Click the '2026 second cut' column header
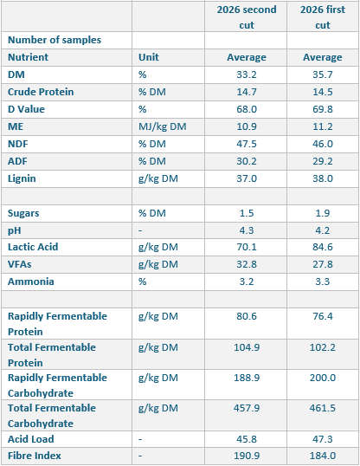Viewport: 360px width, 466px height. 247,17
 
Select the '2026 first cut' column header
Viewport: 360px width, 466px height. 323,17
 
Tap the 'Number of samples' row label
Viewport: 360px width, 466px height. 55,40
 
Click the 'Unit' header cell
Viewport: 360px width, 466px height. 149,57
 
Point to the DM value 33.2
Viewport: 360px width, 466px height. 247,74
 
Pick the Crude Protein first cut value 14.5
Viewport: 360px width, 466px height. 323,92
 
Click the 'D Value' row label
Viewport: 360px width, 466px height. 26,109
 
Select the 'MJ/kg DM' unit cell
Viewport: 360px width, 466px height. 162,126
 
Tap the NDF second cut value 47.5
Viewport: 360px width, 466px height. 247,144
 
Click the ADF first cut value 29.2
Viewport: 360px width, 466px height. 323,161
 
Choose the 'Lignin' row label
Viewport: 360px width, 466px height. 22,178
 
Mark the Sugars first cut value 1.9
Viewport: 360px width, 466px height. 323,213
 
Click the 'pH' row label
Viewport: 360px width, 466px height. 14,230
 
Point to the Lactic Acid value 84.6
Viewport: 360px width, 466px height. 323,247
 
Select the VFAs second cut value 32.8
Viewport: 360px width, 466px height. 247,264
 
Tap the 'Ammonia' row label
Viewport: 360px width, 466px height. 31,282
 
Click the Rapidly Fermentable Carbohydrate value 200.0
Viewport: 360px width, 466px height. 323,378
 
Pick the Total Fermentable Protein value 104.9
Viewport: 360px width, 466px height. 247,347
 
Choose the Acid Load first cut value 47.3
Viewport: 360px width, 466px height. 323,439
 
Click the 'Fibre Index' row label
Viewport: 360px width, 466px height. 34,456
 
